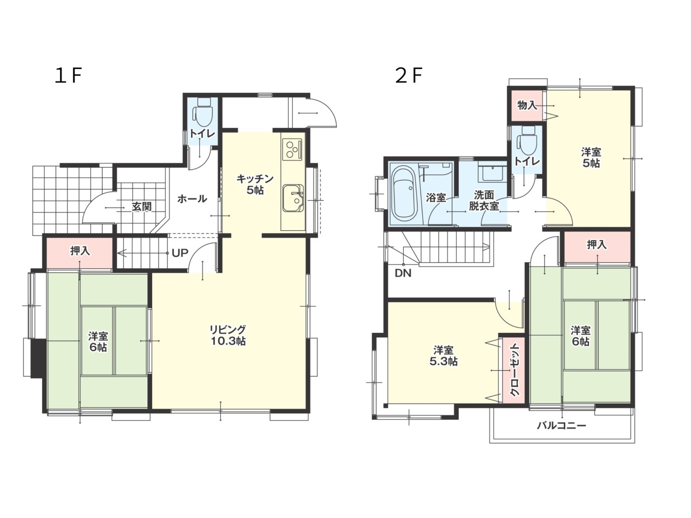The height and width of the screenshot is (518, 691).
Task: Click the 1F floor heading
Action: click(x=69, y=76)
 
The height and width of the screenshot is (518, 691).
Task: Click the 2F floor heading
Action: click(x=408, y=76)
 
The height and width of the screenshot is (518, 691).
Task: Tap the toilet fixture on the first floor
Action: click(x=203, y=113)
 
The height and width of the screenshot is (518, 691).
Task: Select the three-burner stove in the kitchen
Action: click(x=293, y=149)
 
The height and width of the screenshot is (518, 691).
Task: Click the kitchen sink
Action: click(x=293, y=198)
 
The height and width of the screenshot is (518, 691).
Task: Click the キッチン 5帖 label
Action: click(x=255, y=185)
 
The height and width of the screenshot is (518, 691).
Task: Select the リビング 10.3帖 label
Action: click(x=228, y=335)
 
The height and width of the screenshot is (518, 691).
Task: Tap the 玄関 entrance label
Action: click(x=141, y=207)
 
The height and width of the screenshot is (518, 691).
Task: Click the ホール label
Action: click(x=192, y=199)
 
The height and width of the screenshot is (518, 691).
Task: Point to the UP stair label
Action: click(x=180, y=253)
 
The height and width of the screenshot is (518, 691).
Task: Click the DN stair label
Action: click(x=403, y=274)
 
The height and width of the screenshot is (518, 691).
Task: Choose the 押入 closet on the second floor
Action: click(x=597, y=247)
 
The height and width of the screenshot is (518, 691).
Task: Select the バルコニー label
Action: click(x=561, y=426)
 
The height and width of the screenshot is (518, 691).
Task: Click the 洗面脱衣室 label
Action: click(x=484, y=201)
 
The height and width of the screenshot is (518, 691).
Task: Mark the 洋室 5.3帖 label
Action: click(x=443, y=356)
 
